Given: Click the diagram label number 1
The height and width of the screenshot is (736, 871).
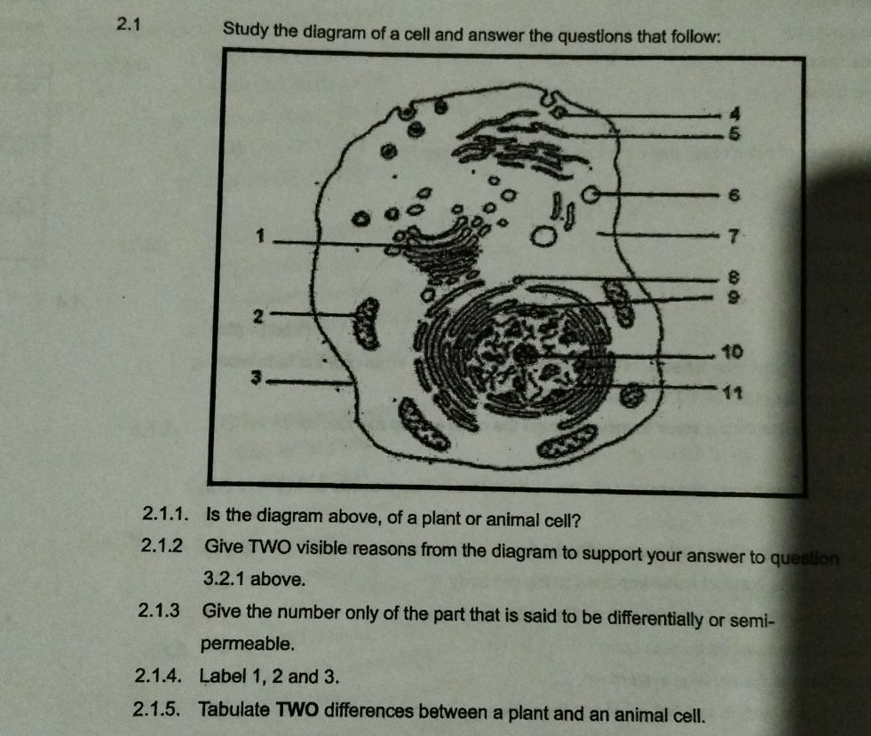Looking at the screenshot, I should [259, 236].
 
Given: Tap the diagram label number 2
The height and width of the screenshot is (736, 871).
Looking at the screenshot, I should [257, 315].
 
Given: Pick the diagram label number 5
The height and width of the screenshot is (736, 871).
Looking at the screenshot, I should [733, 135].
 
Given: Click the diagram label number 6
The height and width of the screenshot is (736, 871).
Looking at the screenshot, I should [734, 194].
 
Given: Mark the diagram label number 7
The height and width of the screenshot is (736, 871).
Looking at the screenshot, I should [732, 236].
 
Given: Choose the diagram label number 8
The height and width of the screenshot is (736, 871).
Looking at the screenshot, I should [732, 276].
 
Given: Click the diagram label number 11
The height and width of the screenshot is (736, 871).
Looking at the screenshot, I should [732, 392].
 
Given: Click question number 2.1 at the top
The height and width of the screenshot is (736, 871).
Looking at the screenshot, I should [130, 23].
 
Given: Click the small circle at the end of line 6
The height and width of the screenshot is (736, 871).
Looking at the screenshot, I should [590, 194].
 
